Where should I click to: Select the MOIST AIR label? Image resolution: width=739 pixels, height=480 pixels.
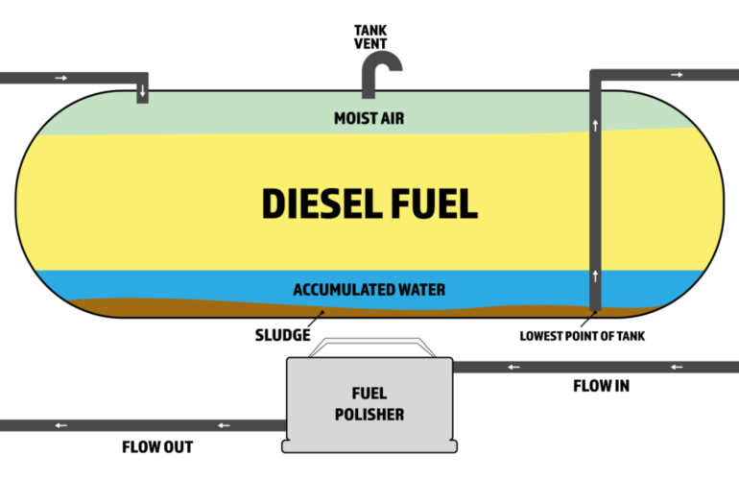click(369, 118)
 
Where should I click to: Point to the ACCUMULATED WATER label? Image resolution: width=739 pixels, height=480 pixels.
click(369, 288)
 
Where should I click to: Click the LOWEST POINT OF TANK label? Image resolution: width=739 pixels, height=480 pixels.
click(583, 336)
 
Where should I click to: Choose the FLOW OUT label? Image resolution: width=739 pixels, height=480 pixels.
click(157, 446)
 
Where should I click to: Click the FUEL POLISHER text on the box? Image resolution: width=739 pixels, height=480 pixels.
click(369, 403)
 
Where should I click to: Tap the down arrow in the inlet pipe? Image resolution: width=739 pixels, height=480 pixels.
click(141, 91)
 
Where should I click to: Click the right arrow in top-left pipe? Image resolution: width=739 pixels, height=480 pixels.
click(62, 78)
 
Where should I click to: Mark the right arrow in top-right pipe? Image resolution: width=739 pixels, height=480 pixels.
click(678, 74)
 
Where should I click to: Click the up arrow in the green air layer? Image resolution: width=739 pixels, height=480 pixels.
click(595, 127)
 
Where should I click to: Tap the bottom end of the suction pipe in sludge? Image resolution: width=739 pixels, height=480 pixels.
click(595, 308)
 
